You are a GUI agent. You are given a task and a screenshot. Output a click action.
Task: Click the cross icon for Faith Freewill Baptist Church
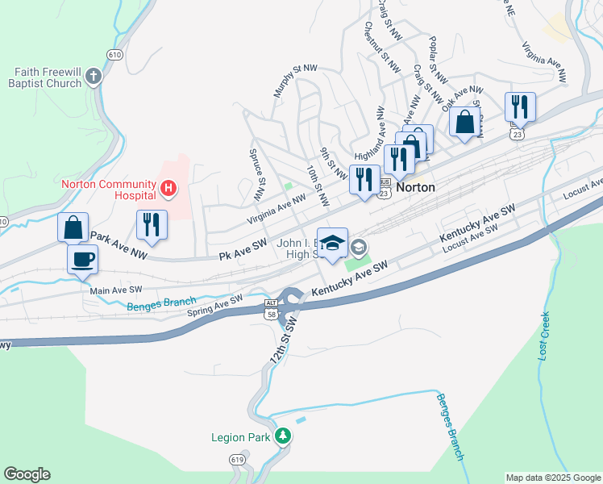coord(94,77)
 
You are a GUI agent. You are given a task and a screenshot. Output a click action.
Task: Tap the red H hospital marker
coord(168,190)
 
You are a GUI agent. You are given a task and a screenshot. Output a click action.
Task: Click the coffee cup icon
coord(83,260)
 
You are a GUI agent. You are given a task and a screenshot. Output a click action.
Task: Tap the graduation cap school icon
coord(332,244)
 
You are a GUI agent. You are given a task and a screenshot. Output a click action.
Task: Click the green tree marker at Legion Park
coord(282,437)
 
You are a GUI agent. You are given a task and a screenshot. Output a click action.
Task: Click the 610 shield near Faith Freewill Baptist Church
coord(114,54)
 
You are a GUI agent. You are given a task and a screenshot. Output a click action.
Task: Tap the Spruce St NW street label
coord(256,175)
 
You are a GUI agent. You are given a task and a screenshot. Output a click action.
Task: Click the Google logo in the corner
coord(27,474)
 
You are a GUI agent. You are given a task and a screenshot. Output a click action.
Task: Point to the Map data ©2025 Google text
coord(552,478)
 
